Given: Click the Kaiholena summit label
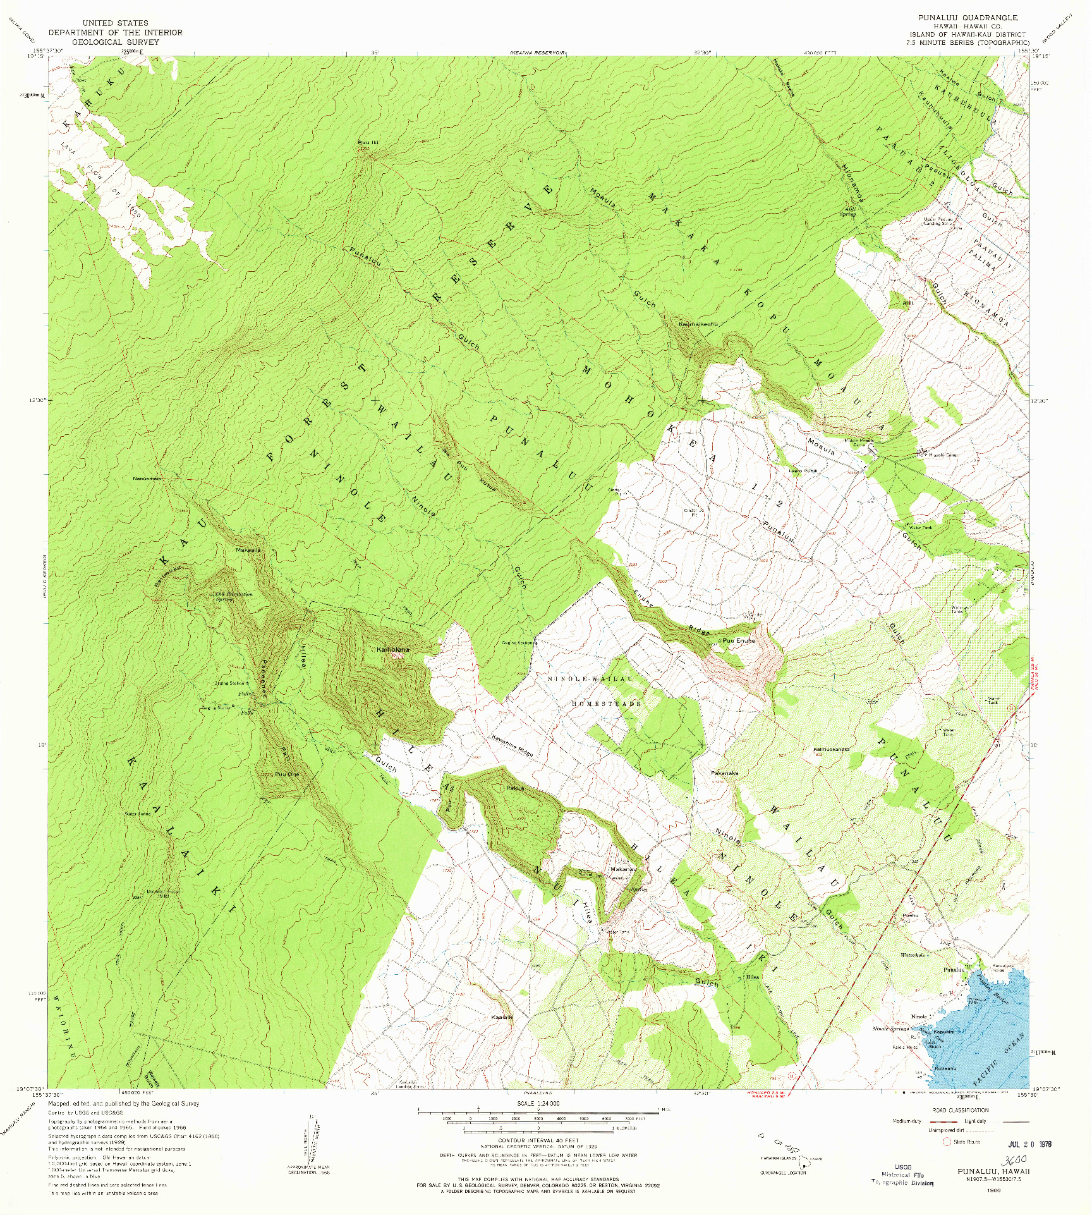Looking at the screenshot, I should (393, 649).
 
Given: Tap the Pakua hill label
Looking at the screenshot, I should (514, 788).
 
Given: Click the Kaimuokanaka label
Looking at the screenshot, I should (831, 749).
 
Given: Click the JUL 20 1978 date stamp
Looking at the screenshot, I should (1029, 1144).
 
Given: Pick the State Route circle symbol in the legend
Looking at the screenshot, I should (946, 1142).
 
